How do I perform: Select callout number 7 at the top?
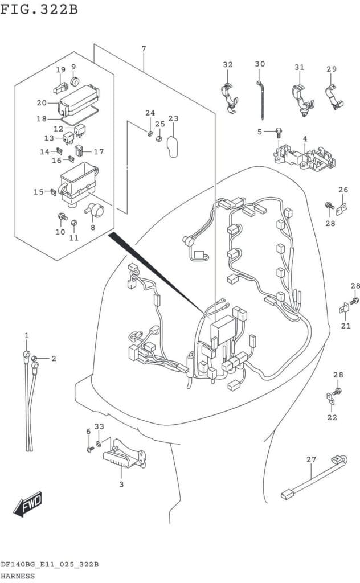click(x=144, y=49)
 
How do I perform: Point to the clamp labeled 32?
click(x=229, y=97)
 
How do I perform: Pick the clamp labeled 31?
click(x=301, y=97)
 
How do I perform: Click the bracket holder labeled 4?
click(x=304, y=154)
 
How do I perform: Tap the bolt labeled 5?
click(x=279, y=133)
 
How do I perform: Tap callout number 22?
click(x=332, y=417)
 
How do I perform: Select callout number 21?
click(x=346, y=326)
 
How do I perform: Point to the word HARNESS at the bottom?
click(x=18, y=576)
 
